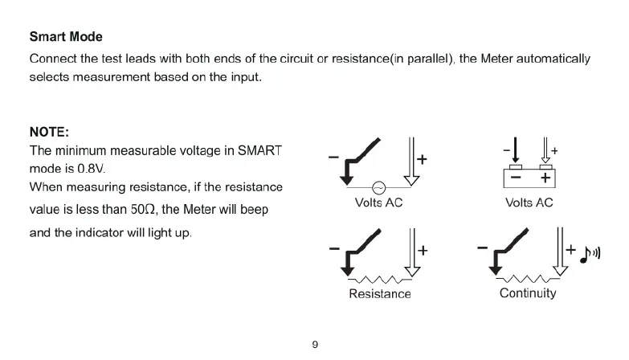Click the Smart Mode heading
point(66,37)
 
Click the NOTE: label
point(49,132)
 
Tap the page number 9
point(315,345)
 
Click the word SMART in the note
point(265,150)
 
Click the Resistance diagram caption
point(379,294)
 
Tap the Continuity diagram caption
point(527,292)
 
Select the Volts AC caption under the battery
point(529,202)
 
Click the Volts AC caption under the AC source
point(378,202)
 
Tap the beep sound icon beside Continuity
point(591,255)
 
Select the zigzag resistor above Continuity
point(528,278)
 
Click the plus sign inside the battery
point(545,177)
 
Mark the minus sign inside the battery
point(515,177)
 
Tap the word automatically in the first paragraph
point(553,59)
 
